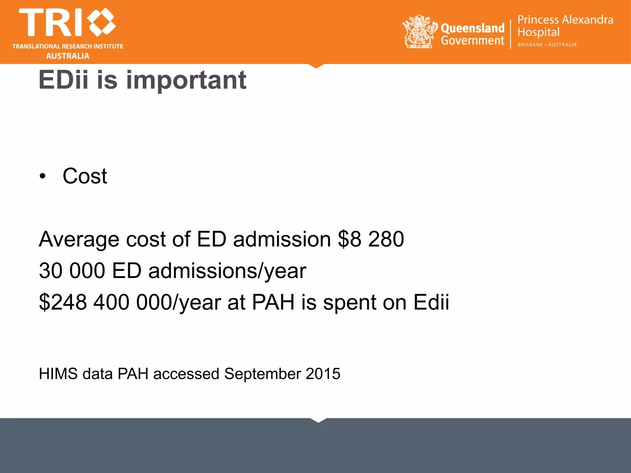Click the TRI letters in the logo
pyautogui.click(x=51, y=22)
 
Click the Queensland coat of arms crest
pyautogui.click(x=420, y=32)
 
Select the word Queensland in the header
pyautogui.click(x=473, y=28)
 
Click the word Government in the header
pyautogui.click(x=473, y=41)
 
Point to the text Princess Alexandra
pyautogui.click(x=565, y=20)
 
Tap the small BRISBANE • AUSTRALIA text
pyautogui.click(x=547, y=45)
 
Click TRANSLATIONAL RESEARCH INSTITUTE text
pyautogui.click(x=68, y=46)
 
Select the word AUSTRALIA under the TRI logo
pyautogui.click(x=68, y=56)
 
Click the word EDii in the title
pyautogui.click(x=63, y=80)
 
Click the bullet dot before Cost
pyautogui.click(x=43, y=176)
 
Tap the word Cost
pyautogui.click(x=85, y=176)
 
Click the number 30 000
pyautogui.click(x=72, y=271)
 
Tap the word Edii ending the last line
pyautogui.click(x=431, y=302)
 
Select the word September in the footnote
pyautogui.click(x=263, y=374)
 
